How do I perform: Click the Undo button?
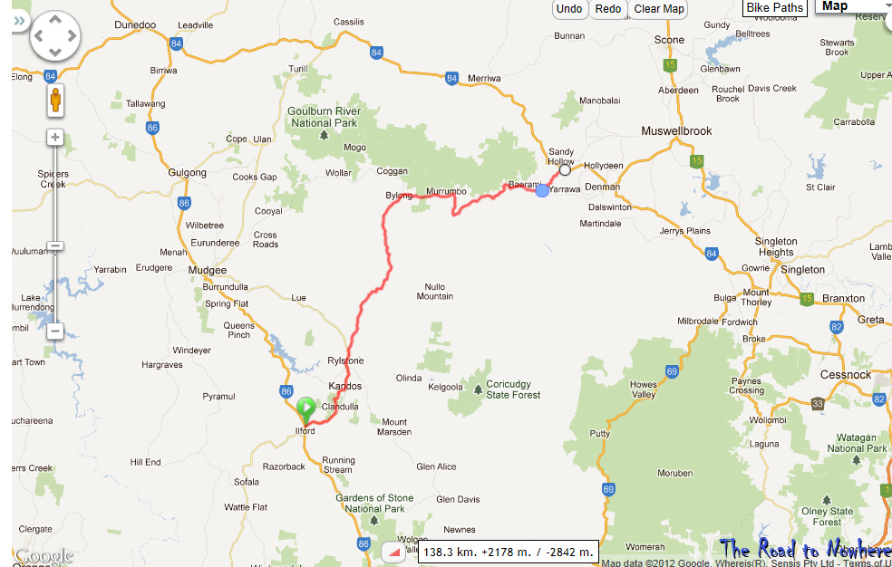coord(569,9)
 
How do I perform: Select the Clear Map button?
coord(659,9)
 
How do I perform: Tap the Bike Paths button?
coord(775,8)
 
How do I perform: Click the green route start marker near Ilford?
coord(306,409)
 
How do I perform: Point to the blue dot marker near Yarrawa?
coord(542,190)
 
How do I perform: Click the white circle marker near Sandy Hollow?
coord(566,169)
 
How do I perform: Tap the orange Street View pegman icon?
coord(55,100)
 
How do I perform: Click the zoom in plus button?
coord(55,138)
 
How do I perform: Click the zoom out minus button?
coord(55,332)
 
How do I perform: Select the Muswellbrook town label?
coord(676,131)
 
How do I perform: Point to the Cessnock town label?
coord(845,374)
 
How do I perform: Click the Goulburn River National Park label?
coord(323,117)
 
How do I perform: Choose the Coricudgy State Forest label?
coord(513,389)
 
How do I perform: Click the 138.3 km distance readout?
coord(509,552)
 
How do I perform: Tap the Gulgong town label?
coord(188,173)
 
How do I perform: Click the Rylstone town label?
coord(345,360)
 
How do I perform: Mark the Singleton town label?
coord(802,270)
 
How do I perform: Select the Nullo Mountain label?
coord(435,291)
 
